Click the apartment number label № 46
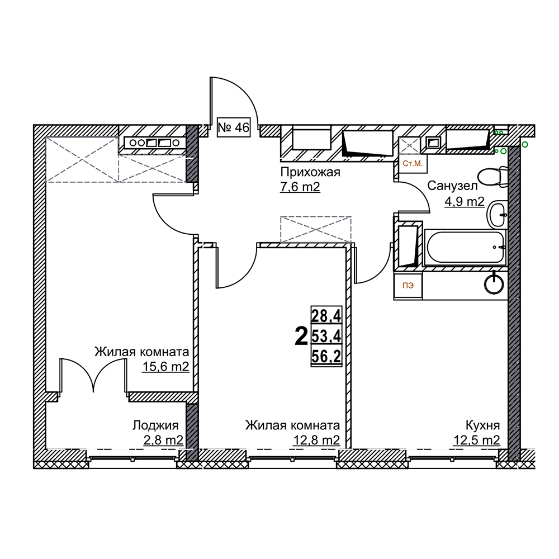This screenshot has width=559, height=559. coord(234,127)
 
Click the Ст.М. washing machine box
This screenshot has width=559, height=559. coord(413,164)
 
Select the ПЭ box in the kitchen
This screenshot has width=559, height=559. coord(408,286)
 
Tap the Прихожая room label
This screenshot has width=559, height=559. coord(310,172)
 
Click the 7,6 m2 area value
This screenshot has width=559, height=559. coord(300,187)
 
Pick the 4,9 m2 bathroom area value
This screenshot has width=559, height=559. coord(464,202)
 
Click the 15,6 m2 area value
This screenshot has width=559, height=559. coord(165,367)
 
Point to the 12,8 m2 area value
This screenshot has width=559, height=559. coord(316,440)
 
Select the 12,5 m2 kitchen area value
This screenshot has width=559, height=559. coord(476,440)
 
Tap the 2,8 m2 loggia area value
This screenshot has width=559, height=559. coord(163,440)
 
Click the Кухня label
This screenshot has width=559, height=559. coord(483,425)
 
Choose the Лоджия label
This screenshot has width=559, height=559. coord(155,425)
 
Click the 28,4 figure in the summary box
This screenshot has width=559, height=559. coord(326,315)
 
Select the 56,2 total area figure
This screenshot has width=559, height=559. coord(326,356)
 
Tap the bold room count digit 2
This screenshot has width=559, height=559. coord(301,337)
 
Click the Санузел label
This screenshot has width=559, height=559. coord(452,186)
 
